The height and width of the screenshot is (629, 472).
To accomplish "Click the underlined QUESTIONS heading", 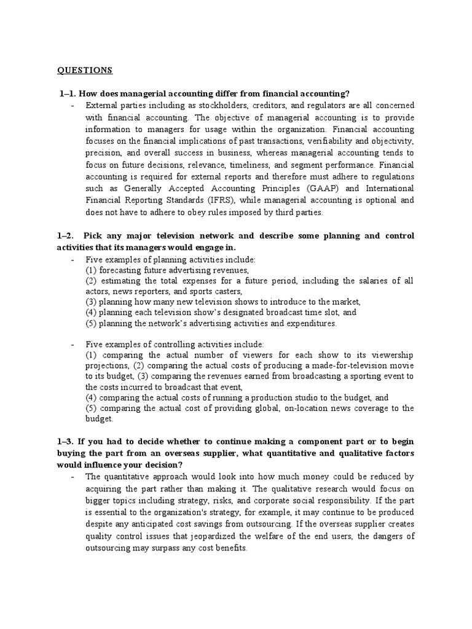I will tap(85, 70).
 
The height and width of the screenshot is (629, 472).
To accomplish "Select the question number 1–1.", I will tap(69, 93).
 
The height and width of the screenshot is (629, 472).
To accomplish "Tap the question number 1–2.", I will tap(69, 236).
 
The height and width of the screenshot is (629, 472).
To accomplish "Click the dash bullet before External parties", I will tap(73, 106).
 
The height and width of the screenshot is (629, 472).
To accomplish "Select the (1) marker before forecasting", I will tap(91, 270).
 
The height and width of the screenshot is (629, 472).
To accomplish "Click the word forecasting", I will tap(120, 270).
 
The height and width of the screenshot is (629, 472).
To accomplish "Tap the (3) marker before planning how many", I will tap(91, 302).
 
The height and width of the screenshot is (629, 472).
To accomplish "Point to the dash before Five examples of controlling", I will tap(73, 344).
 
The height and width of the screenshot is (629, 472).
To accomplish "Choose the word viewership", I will tap(391, 355).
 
